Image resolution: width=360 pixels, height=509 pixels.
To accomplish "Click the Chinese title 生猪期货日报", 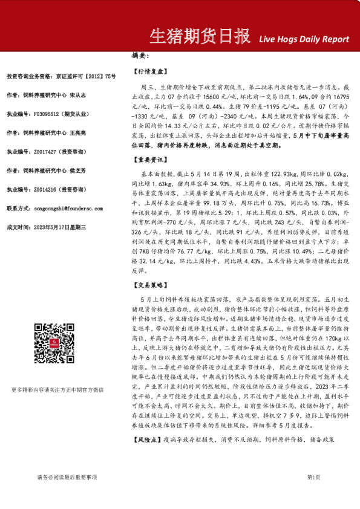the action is (200, 37).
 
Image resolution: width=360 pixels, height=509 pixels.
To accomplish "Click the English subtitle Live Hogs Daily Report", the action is (304, 39).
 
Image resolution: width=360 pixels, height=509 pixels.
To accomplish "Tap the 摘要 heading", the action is (140, 56).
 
